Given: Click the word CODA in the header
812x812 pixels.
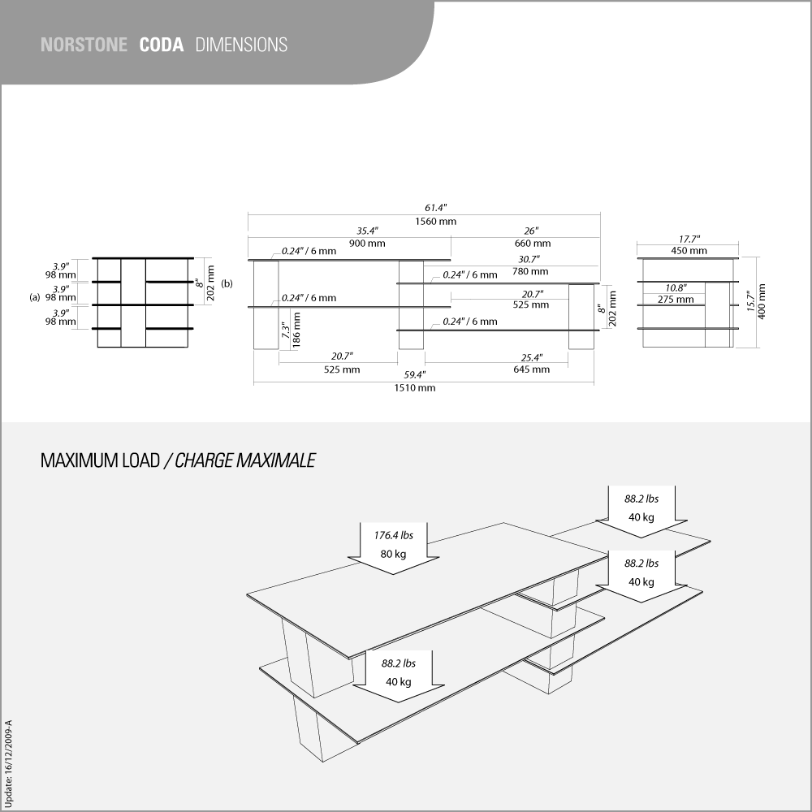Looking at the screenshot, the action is click(162, 45).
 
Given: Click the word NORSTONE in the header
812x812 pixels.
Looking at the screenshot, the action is click(84, 45).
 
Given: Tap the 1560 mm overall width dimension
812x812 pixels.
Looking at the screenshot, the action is click(435, 222).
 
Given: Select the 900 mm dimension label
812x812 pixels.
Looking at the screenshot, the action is click(367, 244).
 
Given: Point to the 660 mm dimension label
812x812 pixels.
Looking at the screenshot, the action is click(533, 244).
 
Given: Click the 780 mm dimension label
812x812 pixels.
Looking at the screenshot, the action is click(530, 271).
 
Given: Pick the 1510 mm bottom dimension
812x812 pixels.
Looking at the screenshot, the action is click(415, 388).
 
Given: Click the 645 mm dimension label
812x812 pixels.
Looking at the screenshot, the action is click(532, 369).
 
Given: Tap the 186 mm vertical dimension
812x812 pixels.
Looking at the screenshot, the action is click(296, 330).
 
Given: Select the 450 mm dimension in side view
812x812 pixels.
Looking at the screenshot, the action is click(689, 251).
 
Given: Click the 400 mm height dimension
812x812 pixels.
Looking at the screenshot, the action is click(762, 301).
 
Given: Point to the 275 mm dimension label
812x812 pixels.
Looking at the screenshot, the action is click(676, 300).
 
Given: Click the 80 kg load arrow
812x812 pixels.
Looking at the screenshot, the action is click(394, 548).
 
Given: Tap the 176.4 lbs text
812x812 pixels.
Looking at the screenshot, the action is click(394, 535).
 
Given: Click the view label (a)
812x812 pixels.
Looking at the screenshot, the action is click(35, 298).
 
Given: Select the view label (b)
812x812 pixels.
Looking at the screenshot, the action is click(227, 283).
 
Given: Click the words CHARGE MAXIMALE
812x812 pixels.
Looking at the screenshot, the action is click(245, 460).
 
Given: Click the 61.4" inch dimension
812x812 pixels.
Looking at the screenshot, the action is click(435, 208).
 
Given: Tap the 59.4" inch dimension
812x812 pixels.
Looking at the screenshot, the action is click(415, 375).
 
